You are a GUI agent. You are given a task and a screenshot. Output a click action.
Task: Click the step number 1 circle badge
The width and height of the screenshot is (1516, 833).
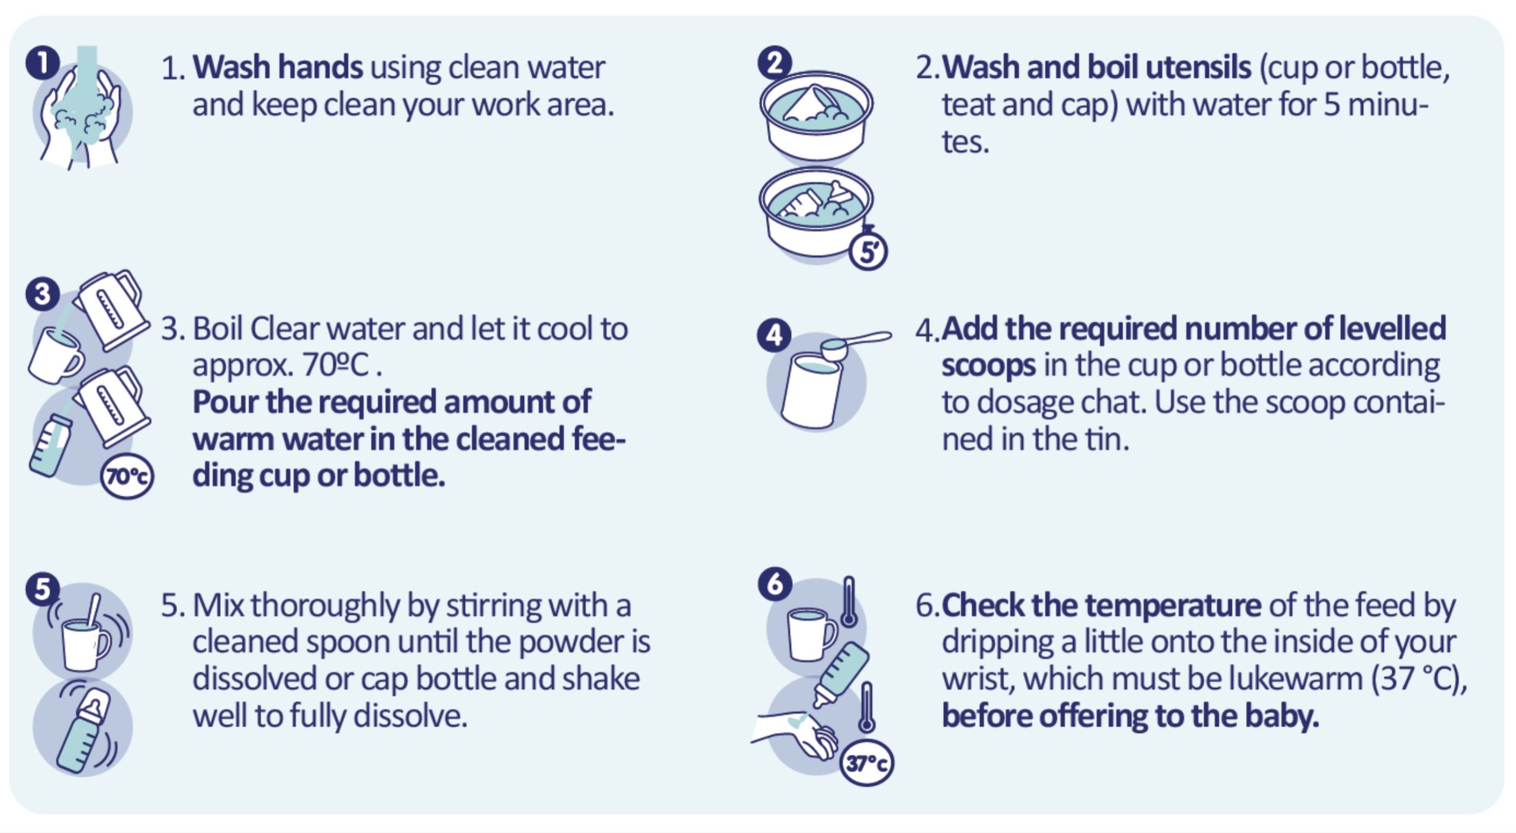(43, 63)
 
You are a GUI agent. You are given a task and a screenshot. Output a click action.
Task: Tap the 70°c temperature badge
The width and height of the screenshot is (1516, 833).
(127, 477)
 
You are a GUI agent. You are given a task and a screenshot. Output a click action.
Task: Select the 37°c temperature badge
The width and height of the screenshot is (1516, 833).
(867, 763)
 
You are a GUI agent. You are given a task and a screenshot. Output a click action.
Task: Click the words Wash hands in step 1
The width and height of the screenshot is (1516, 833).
(278, 67)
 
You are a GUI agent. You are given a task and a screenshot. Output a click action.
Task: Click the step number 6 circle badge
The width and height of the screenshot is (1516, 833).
(775, 584)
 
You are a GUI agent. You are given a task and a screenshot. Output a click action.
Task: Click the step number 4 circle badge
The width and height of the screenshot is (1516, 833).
(775, 336)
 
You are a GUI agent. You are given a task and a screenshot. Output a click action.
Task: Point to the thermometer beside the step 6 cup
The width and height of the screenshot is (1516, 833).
(849, 602)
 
